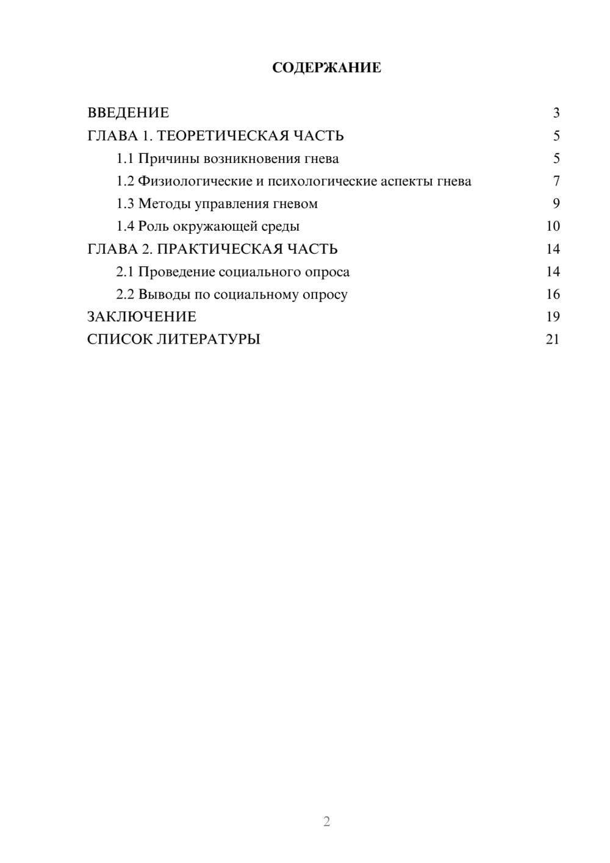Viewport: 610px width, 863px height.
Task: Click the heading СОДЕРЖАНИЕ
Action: coord(326,68)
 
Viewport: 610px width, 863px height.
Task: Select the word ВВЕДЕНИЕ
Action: coord(128,113)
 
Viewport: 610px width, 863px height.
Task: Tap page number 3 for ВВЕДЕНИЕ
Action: coord(556,113)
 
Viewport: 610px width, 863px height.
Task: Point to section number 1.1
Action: coord(125,159)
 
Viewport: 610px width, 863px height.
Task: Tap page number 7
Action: coord(556,181)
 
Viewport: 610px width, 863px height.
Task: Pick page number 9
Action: coord(556,204)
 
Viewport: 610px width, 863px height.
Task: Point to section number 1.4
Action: coord(125,226)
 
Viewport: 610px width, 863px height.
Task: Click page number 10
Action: coord(553,226)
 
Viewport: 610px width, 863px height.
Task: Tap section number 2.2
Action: coord(125,294)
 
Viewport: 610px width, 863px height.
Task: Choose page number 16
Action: coord(553,294)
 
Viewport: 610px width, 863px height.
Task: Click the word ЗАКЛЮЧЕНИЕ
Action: coord(142,317)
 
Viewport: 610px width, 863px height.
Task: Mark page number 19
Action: coord(553,317)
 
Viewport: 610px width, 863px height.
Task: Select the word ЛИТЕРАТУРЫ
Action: coord(208,339)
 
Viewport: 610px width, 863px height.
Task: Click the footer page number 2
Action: coord(326,821)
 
